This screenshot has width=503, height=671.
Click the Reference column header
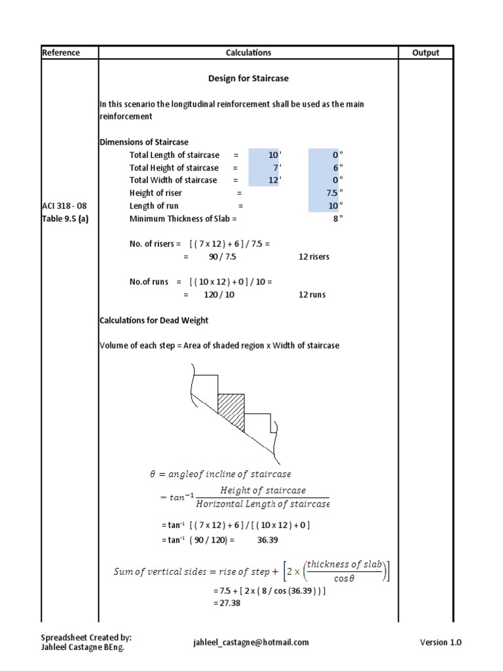coord(61,53)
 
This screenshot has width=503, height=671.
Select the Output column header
coord(426,53)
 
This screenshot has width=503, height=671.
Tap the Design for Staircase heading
coord(248,78)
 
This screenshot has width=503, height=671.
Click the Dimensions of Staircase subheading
coord(143,142)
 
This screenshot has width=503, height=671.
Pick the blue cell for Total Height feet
coord(263,168)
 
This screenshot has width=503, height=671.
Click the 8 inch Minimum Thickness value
coord(336,218)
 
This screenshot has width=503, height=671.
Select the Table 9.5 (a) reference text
coord(65,218)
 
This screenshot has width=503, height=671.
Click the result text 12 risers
coord(314,256)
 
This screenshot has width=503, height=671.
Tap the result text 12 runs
coord(312,295)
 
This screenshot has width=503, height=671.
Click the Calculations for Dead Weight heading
coord(154,320)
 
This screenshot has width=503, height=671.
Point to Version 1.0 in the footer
coord(440,643)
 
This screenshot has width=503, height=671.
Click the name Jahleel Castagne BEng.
coord(83,647)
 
